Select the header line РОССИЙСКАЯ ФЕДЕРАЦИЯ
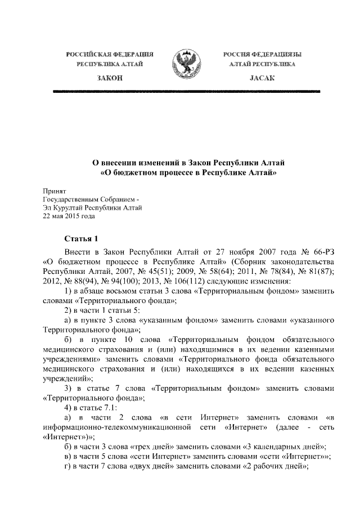[x=110, y=54]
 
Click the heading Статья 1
[x=81, y=238]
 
